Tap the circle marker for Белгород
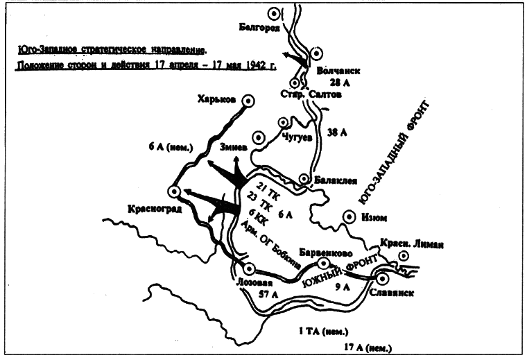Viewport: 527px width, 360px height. [x=275, y=13]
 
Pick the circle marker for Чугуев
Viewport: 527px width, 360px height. [x=283, y=123]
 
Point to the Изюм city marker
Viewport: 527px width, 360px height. [x=349, y=216]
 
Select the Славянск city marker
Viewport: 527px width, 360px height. [x=383, y=278]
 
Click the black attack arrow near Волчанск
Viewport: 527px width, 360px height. [x=297, y=60]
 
